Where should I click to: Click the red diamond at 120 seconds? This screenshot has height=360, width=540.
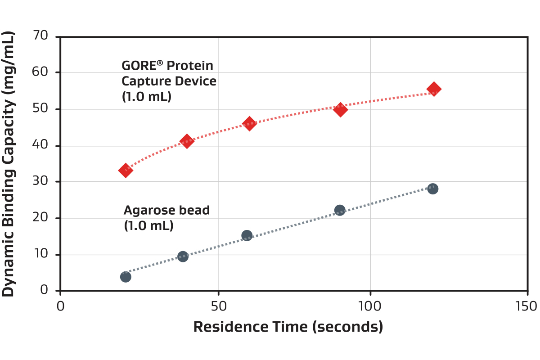[434, 89]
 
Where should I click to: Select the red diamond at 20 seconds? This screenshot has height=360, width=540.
[126, 170]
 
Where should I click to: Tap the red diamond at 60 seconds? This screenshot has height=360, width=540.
[249, 123]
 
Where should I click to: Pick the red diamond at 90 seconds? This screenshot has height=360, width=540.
[341, 109]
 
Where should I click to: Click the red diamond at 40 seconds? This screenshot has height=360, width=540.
[186, 141]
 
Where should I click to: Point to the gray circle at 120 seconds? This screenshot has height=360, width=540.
[432, 189]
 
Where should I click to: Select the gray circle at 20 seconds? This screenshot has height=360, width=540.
[126, 277]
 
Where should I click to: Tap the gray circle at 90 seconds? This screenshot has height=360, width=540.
[340, 210]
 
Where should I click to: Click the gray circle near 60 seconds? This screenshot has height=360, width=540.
[247, 235]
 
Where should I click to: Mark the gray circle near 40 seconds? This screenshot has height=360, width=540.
[183, 256]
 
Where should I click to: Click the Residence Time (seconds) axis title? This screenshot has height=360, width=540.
[288, 327]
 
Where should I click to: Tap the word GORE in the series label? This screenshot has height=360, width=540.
[138, 66]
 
